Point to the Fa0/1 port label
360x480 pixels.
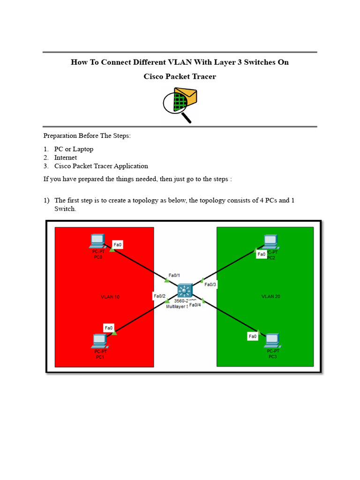(x=174, y=275)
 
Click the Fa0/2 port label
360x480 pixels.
(x=159, y=296)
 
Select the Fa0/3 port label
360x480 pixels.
(x=211, y=285)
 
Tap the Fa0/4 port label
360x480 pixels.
(x=195, y=305)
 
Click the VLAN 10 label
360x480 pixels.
(x=110, y=297)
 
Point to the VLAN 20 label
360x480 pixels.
(x=270, y=296)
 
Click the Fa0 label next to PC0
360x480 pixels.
(x=118, y=244)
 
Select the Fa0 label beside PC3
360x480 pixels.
(x=253, y=336)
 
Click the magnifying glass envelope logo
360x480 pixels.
(x=180, y=104)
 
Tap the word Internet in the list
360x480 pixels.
(x=65, y=157)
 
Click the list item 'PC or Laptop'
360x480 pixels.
(x=74, y=149)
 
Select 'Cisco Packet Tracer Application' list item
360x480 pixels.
(x=101, y=166)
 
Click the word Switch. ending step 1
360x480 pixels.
(x=65, y=209)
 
